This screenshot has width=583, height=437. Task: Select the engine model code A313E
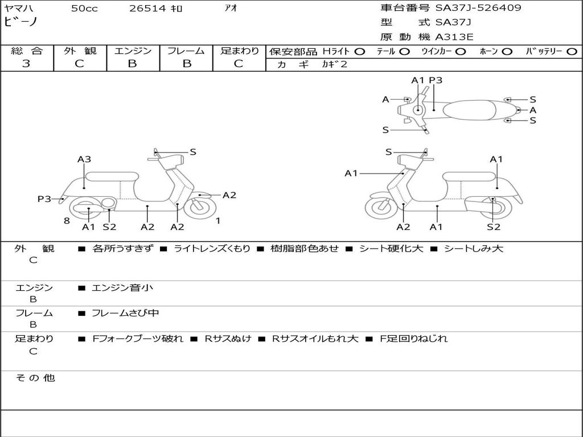pos(454,37)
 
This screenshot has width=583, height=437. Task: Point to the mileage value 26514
pos(147,9)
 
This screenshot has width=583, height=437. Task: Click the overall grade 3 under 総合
pos(26,64)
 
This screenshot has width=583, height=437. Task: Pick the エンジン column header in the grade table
pos(133,51)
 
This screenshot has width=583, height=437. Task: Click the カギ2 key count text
pos(334,64)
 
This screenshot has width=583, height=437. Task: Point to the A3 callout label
pos(84,159)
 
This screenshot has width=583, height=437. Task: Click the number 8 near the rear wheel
pos(67,221)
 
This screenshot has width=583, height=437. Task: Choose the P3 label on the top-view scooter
pos(436,80)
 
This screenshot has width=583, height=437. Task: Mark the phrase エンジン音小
pos(122,288)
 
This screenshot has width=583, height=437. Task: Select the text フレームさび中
pos(125,313)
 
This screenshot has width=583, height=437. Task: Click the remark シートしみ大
pos(474,249)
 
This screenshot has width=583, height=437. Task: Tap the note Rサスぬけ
pos(228,339)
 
